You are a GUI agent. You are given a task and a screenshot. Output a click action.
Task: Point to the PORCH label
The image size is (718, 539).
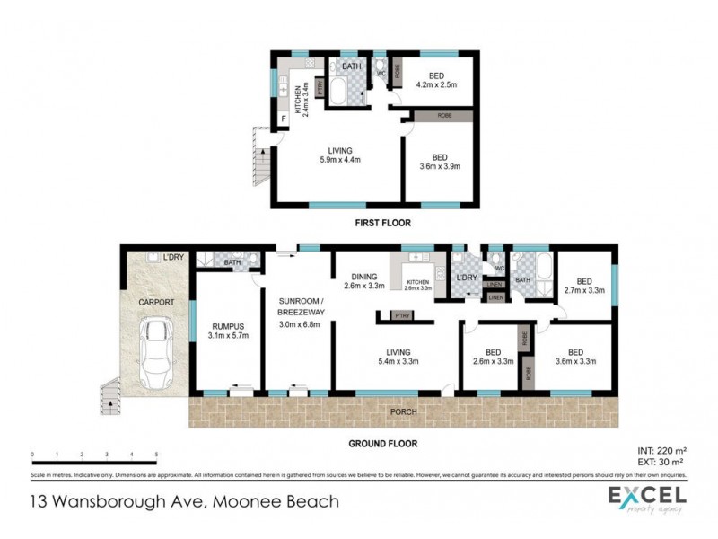[403, 412]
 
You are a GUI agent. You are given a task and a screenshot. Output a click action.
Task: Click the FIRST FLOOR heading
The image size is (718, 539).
[377, 220]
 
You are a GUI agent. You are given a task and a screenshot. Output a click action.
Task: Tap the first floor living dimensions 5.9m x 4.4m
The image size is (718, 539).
[339, 160]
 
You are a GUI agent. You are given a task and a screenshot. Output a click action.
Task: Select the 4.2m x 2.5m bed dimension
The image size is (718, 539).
[437, 85]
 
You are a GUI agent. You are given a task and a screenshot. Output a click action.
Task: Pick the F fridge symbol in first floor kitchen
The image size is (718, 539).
[285, 119]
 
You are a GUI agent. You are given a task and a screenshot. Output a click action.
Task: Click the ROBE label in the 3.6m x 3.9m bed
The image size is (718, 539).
[443, 116]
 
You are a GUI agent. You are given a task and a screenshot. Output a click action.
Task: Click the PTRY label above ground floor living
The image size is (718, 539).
[396, 315]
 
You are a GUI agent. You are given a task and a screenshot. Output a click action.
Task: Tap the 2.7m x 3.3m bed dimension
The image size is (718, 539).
[584, 290]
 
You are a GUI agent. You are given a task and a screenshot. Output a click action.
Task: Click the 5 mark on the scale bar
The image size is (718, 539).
[157, 455]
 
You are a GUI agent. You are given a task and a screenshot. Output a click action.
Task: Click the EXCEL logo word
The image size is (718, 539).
[647, 495]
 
